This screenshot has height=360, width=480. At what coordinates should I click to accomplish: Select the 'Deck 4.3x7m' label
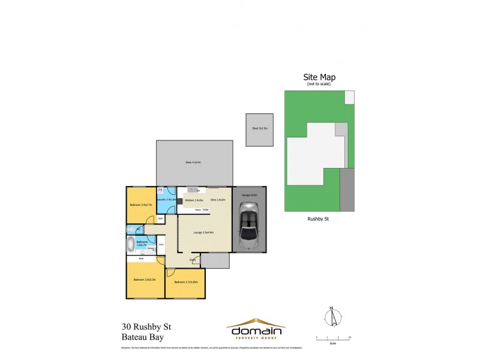click(193, 163)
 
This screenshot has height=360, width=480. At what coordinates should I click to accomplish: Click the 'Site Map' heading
click(319, 77)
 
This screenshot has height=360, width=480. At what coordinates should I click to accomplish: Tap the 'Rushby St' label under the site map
click(319, 220)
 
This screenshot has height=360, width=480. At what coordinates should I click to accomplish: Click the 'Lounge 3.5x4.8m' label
click(204, 232)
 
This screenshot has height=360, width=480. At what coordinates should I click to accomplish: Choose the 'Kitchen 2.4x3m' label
click(194, 200)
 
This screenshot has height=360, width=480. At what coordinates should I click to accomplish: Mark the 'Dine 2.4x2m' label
click(218, 199)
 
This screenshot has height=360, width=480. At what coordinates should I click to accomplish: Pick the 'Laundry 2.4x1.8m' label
click(165, 199)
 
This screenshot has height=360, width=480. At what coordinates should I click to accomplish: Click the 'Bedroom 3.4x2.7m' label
click(141, 205)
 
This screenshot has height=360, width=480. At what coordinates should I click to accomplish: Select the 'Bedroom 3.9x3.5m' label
click(145, 280)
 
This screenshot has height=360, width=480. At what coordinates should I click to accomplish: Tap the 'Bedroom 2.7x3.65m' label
click(186, 281)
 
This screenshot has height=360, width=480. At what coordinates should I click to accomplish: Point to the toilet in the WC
click(131, 229)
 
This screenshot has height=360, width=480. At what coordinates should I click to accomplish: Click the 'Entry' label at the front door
click(193, 259)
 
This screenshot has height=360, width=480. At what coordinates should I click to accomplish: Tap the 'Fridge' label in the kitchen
click(205, 209)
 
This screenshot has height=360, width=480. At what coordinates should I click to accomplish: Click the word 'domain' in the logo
click(255, 331)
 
